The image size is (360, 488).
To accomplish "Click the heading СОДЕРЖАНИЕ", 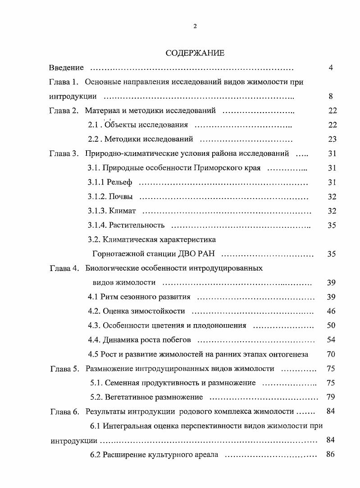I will pos(195,53).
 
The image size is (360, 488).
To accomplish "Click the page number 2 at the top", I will pos(195,26).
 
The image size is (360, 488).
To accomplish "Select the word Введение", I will pos(66,68).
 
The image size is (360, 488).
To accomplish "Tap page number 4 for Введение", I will pos(331,68).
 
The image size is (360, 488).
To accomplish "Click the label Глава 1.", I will pos(64,82).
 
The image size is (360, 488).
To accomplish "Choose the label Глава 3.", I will pos(64,154).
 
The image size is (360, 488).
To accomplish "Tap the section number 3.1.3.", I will pos(97,211).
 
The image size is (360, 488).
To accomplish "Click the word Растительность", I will pos(137,225).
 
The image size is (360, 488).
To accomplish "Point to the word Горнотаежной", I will pos(115,254).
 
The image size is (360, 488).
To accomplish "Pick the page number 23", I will pos(332,140).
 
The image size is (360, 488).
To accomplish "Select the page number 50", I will pos(331,325).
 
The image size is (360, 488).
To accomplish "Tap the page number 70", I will pos(331,354).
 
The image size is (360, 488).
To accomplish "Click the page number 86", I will pos(331,455).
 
